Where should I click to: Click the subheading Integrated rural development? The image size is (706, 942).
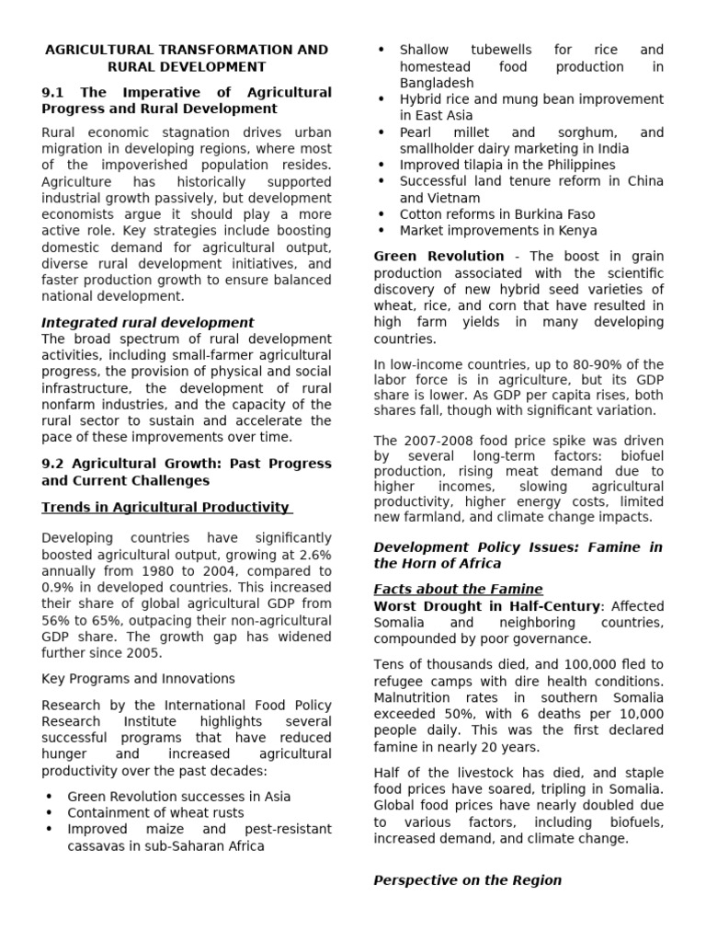[147, 322]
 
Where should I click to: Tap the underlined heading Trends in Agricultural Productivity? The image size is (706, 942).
[166, 508]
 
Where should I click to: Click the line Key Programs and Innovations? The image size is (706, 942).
[138, 679]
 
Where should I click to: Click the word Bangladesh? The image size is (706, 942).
[436, 83]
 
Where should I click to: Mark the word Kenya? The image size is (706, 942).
[575, 231]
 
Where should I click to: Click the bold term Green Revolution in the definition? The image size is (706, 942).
[438, 257]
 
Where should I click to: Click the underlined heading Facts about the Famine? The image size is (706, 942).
[458, 589]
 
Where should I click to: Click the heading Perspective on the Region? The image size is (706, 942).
[467, 880]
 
